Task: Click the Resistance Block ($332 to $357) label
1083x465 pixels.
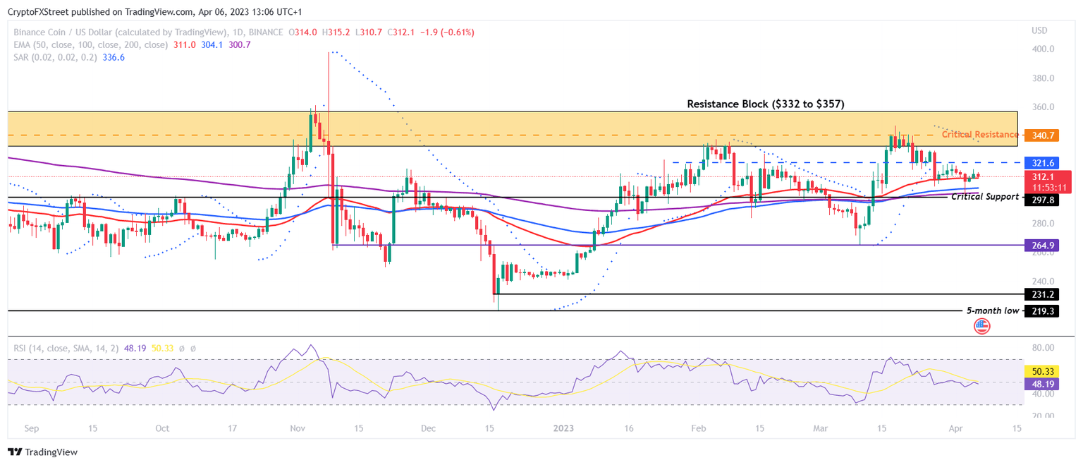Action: coord(766,104)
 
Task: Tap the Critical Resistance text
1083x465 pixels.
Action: coord(979,134)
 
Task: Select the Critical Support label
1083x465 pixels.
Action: coord(985,197)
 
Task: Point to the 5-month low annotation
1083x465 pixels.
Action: coord(992,310)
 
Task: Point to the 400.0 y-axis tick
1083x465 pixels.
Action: coord(1043,49)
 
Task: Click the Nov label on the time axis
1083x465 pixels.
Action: coord(297,428)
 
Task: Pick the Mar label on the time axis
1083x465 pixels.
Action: coord(820,428)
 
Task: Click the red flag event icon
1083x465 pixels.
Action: coord(981,326)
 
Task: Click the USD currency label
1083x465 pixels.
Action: coord(1039,30)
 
